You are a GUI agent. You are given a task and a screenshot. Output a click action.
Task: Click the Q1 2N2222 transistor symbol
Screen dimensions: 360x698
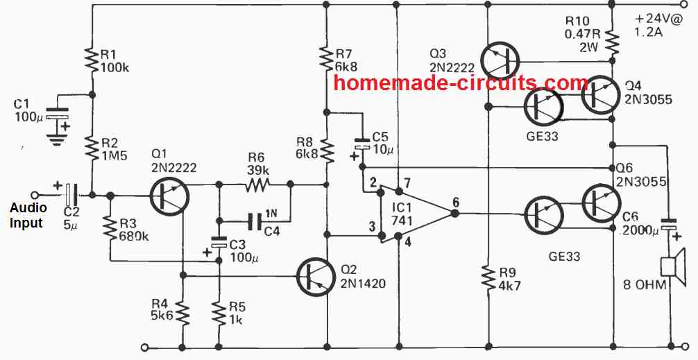167,197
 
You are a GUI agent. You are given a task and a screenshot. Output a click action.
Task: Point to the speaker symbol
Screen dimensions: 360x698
672,273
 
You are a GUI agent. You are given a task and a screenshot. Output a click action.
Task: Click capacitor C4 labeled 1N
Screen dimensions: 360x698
255,221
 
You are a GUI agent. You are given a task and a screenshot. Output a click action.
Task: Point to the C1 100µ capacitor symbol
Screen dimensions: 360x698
57,119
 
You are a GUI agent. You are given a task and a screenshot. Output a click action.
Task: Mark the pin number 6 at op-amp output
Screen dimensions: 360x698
455,202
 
